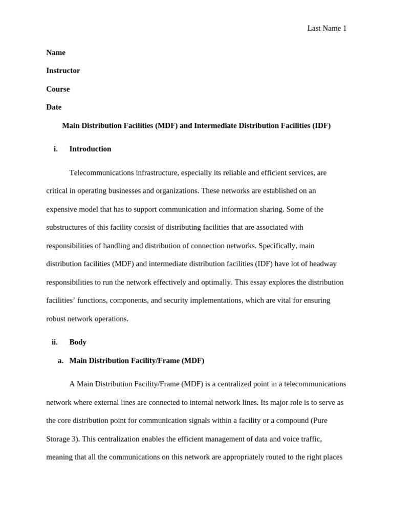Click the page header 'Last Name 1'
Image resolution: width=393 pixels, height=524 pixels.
pyautogui.click(x=326, y=29)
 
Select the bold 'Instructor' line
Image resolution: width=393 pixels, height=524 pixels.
pyautogui.click(x=63, y=71)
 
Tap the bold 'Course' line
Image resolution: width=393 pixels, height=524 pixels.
pyautogui.click(x=58, y=89)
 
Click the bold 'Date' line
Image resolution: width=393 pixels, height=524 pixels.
pyautogui.click(x=54, y=107)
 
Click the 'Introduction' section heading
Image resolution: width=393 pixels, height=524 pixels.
pyautogui.click(x=90, y=149)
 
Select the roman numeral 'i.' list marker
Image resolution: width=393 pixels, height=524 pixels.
pyautogui.click(x=55, y=149)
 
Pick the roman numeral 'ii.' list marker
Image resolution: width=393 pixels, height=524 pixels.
pyautogui.click(x=54, y=342)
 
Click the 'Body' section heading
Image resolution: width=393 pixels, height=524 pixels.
pyautogui.click(x=78, y=342)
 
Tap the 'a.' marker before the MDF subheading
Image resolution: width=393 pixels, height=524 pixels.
pyautogui.click(x=60, y=360)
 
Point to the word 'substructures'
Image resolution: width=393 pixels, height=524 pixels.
pyautogui.click(x=68, y=227)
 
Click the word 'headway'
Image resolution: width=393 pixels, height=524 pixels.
pyautogui.click(x=322, y=264)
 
